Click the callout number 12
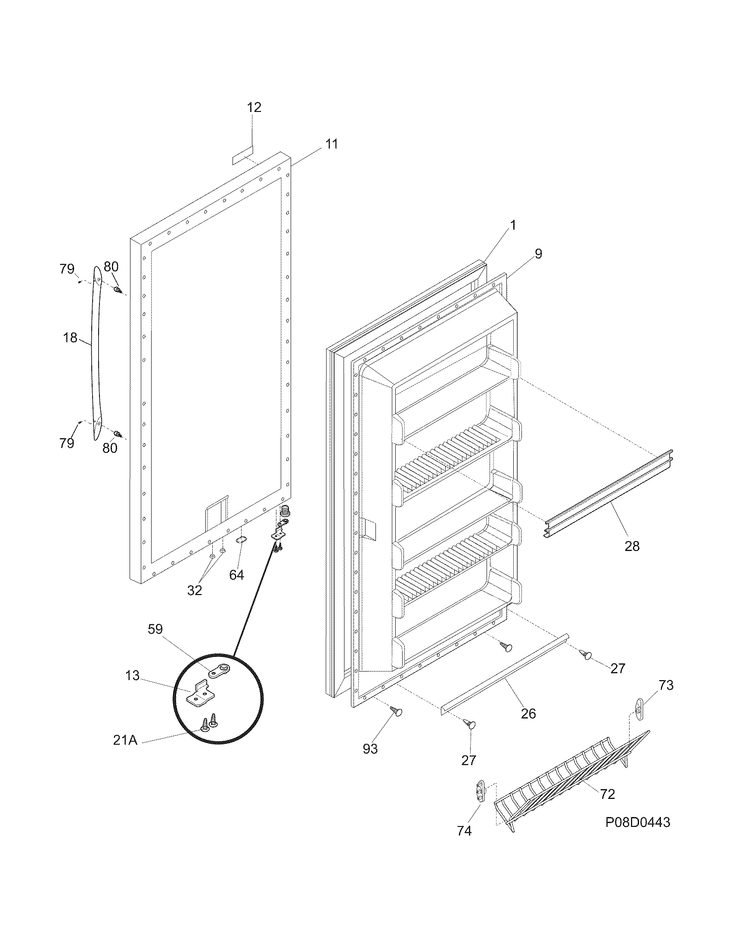point(254,107)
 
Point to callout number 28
point(632,546)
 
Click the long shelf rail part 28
point(607,494)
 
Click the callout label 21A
point(125,740)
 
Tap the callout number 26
point(528,713)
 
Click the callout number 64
point(236,575)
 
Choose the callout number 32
point(195,590)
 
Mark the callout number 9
point(538,254)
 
